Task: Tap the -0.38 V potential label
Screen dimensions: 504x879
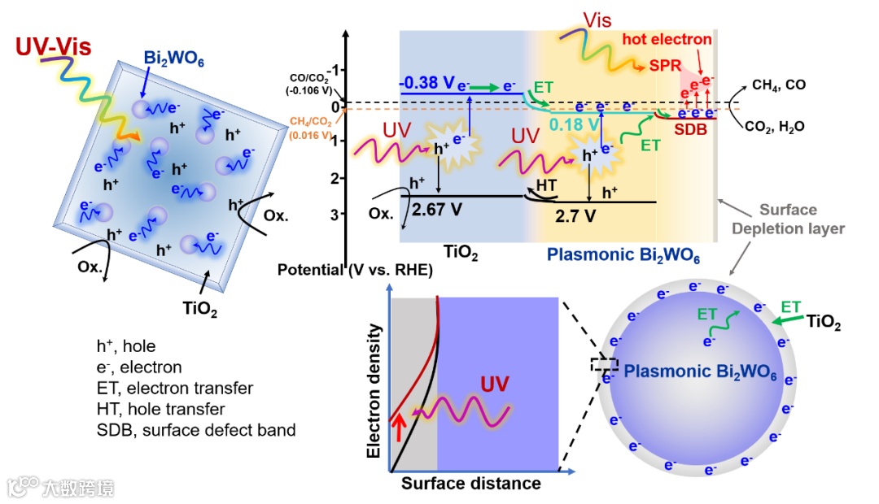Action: [426, 83]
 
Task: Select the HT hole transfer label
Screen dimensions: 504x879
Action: [546, 186]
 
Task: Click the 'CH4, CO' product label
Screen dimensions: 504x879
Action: [780, 85]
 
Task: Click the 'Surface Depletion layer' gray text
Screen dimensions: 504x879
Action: [789, 219]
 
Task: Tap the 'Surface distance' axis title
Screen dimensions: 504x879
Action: [470, 484]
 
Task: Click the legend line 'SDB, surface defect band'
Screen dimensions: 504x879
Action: [195, 430]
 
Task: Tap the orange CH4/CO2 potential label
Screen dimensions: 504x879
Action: [310, 128]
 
